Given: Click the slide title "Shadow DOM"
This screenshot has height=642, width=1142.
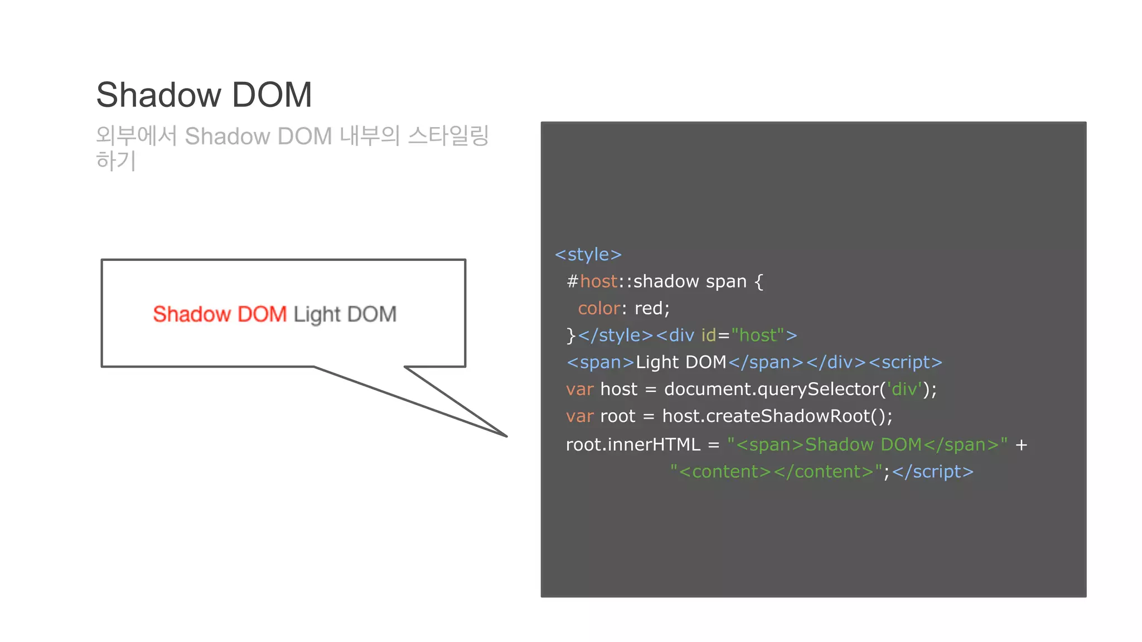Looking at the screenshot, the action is point(204,95).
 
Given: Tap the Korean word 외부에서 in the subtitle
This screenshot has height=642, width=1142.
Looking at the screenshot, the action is point(136,136).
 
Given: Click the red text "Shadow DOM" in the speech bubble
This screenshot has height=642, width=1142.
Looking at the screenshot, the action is point(220,314).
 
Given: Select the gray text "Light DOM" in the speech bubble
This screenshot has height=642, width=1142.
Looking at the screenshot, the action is point(345,314).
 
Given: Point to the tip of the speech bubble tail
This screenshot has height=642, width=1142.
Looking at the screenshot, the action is point(506,436).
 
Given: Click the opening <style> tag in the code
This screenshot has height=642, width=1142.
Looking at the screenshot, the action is point(588,255).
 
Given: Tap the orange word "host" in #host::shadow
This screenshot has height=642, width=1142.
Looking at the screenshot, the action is point(598,281).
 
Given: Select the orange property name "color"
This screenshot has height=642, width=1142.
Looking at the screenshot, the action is point(599,308).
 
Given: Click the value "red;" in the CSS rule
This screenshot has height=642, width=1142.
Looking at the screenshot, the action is point(652,308).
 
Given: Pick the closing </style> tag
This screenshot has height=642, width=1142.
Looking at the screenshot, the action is point(615,335).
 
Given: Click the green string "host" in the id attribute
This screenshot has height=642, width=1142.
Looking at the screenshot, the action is point(757,335).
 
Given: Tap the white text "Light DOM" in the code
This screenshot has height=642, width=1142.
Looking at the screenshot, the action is point(680,362).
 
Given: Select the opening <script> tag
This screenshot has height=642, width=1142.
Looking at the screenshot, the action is point(905,362).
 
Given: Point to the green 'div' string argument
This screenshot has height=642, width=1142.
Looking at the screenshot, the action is point(904,389).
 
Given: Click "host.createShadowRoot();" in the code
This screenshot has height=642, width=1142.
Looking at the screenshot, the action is point(777,416).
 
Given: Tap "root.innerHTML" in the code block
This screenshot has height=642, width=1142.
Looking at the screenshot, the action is point(633,445).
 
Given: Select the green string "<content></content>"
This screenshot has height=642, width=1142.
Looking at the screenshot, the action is point(776,472).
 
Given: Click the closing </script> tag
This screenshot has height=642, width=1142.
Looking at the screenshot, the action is point(932,472).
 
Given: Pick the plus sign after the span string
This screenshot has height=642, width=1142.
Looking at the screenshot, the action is point(1021,445).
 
